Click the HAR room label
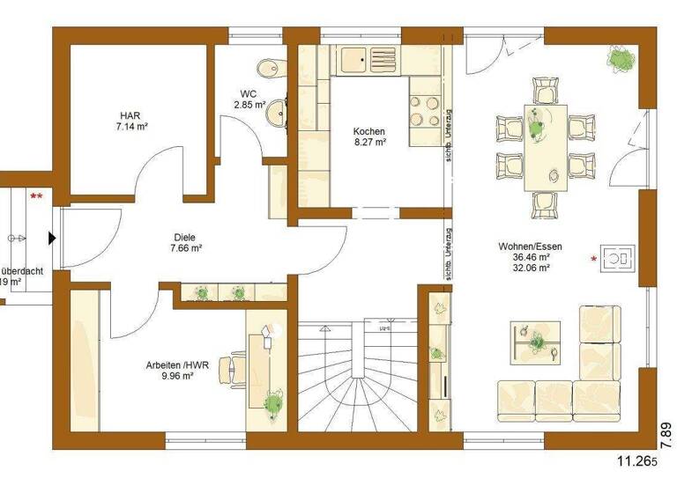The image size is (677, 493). (x=130, y=121)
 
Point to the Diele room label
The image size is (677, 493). (x=184, y=242)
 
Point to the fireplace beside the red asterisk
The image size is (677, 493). (x=619, y=258)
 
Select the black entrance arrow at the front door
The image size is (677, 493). (x=53, y=238)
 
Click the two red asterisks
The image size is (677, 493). (x=36, y=195)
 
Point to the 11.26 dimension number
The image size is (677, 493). (x=639, y=460)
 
